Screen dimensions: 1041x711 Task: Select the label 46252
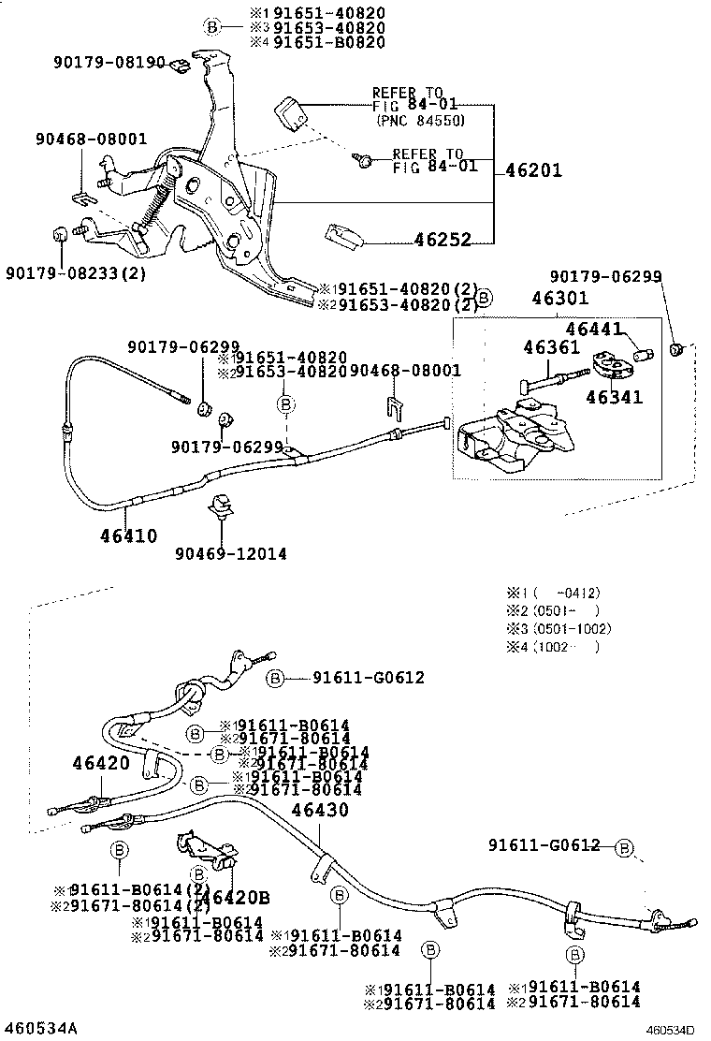click(x=442, y=240)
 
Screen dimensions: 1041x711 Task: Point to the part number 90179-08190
click(x=108, y=63)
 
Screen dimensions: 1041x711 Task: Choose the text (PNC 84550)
click(x=420, y=121)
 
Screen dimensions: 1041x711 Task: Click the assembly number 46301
click(x=559, y=300)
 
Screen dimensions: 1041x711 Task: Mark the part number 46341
click(x=614, y=397)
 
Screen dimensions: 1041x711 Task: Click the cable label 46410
click(x=128, y=535)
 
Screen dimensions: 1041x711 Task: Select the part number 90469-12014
click(x=230, y=553)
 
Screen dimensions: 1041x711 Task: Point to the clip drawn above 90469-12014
click(x=223, y=506)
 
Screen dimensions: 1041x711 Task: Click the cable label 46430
click(x=319, y=810)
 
